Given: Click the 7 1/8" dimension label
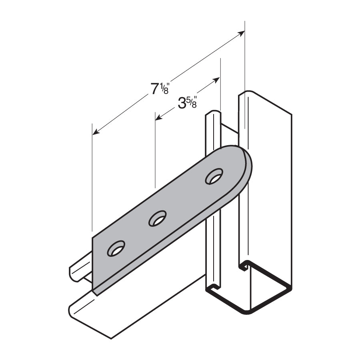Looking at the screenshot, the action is click(x=160, y=89).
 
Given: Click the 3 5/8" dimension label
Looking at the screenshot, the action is click(x=188, y=103).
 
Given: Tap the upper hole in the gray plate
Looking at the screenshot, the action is click(x=214, y=176).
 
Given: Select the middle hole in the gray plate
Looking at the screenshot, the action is click(x=157, y=218).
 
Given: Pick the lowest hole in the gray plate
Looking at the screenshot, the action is click(x=116, y=248).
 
